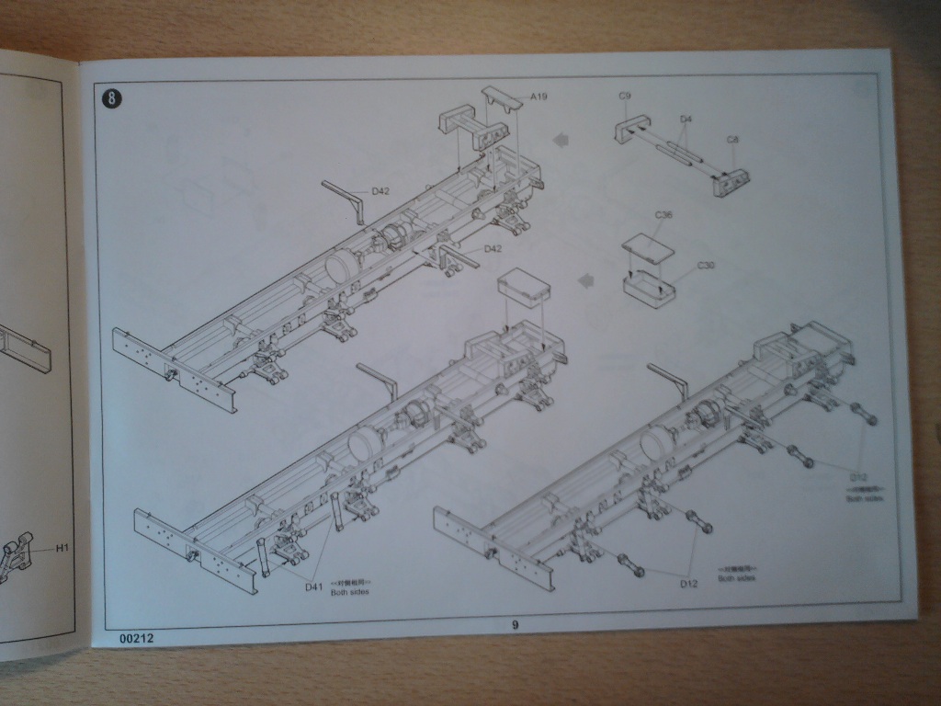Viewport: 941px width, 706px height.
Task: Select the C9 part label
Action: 624,96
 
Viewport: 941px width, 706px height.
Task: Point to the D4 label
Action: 686,120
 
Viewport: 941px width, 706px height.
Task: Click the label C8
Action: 732,139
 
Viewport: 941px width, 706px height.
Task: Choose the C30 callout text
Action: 706,266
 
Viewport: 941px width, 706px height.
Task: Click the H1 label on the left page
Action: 62,549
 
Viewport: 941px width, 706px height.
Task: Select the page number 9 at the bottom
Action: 515,626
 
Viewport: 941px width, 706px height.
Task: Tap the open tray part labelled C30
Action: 649,289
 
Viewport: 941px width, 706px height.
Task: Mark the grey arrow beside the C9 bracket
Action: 560,139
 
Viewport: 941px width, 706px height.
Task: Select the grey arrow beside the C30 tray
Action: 584,279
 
